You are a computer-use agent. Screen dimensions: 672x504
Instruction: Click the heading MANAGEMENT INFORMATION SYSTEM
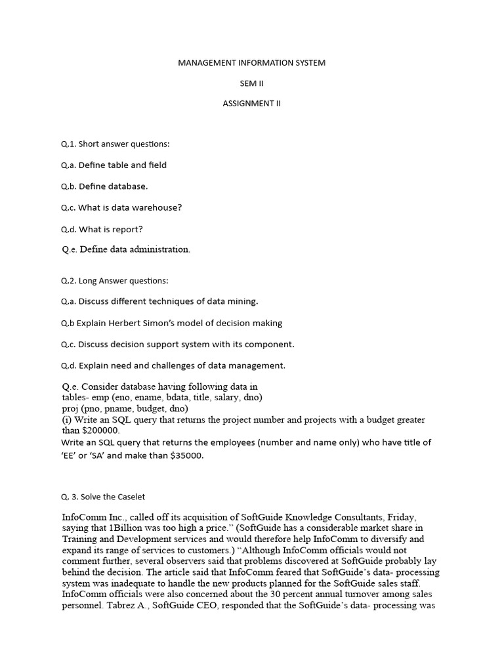(x=252, y=63)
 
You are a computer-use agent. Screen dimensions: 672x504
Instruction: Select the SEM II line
(x=252, y=83)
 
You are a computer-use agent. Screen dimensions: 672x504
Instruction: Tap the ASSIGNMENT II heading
(x=252, y=104)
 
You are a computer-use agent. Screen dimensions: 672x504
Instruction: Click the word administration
(x=159, y=249)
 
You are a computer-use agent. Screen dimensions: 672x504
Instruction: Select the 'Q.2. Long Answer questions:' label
(x=115, y=281)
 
